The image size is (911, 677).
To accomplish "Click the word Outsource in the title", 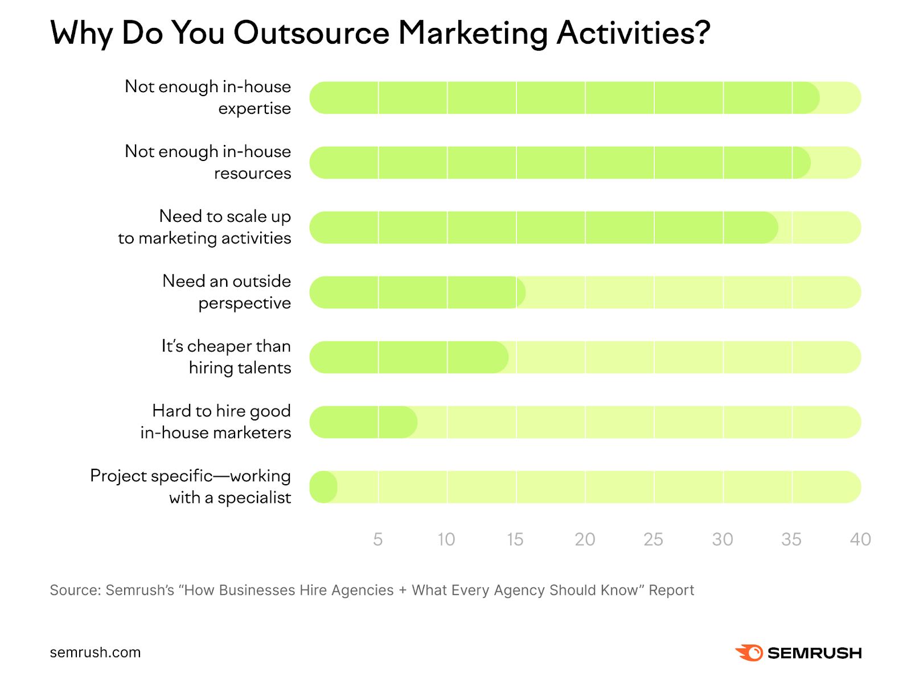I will click(x=311, y=32).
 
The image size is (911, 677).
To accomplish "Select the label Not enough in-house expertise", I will click(x=208, y=97).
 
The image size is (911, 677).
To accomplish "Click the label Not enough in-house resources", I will click(x=208, y=162).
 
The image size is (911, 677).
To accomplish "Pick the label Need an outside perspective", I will click(x=227, y=292).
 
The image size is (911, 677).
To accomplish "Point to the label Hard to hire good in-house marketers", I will click(x=216, y=422).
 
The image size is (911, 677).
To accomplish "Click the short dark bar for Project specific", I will click(x=324, y=487).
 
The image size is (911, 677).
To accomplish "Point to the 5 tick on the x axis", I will click(x=377, y=539).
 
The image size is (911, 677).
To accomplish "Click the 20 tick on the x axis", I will click(x=585, y=539).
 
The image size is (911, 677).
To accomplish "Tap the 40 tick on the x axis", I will click(x=860, y=539).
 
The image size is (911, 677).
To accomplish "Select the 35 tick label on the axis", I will click(x=791, y=539).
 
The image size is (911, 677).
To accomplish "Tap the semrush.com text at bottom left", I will click(x=95, y=653).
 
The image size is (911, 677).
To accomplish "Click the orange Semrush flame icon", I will click(x=749, y=653).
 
